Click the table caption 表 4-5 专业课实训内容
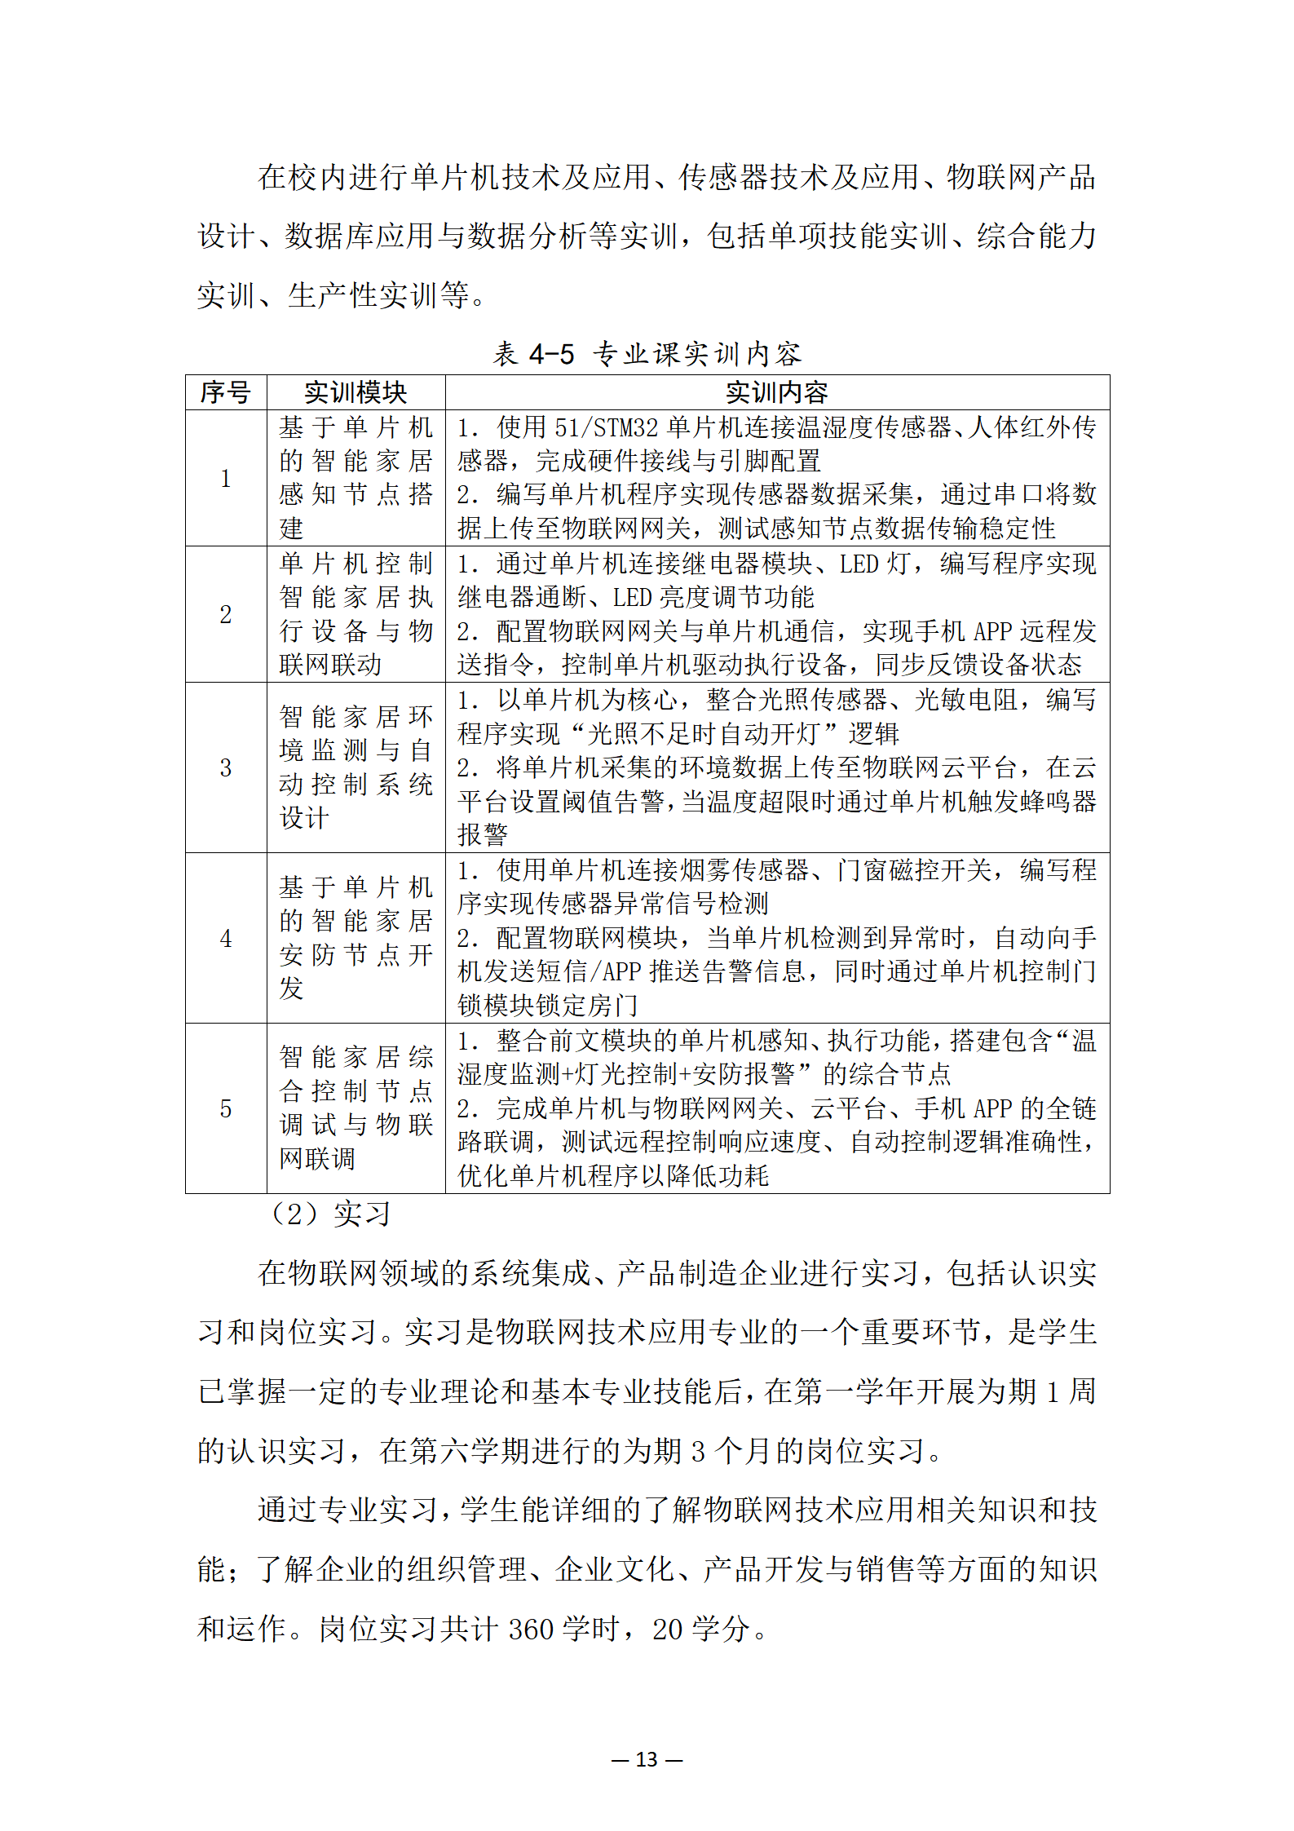[x=647, y=354]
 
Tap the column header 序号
[x=226, y=392]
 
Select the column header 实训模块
[x=356, y=392]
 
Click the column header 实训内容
[x=776, y=392]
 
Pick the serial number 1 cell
[x=226, y=478]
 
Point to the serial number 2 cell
[x=226, y=614]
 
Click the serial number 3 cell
[x=226, y=767]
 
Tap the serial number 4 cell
[x=226, y=938]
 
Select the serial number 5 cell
[x=226, y=1108]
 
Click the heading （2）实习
[x=329, y=1214]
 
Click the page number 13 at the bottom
[x=647, y=1759]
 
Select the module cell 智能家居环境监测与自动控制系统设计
[x=356, y=767]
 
